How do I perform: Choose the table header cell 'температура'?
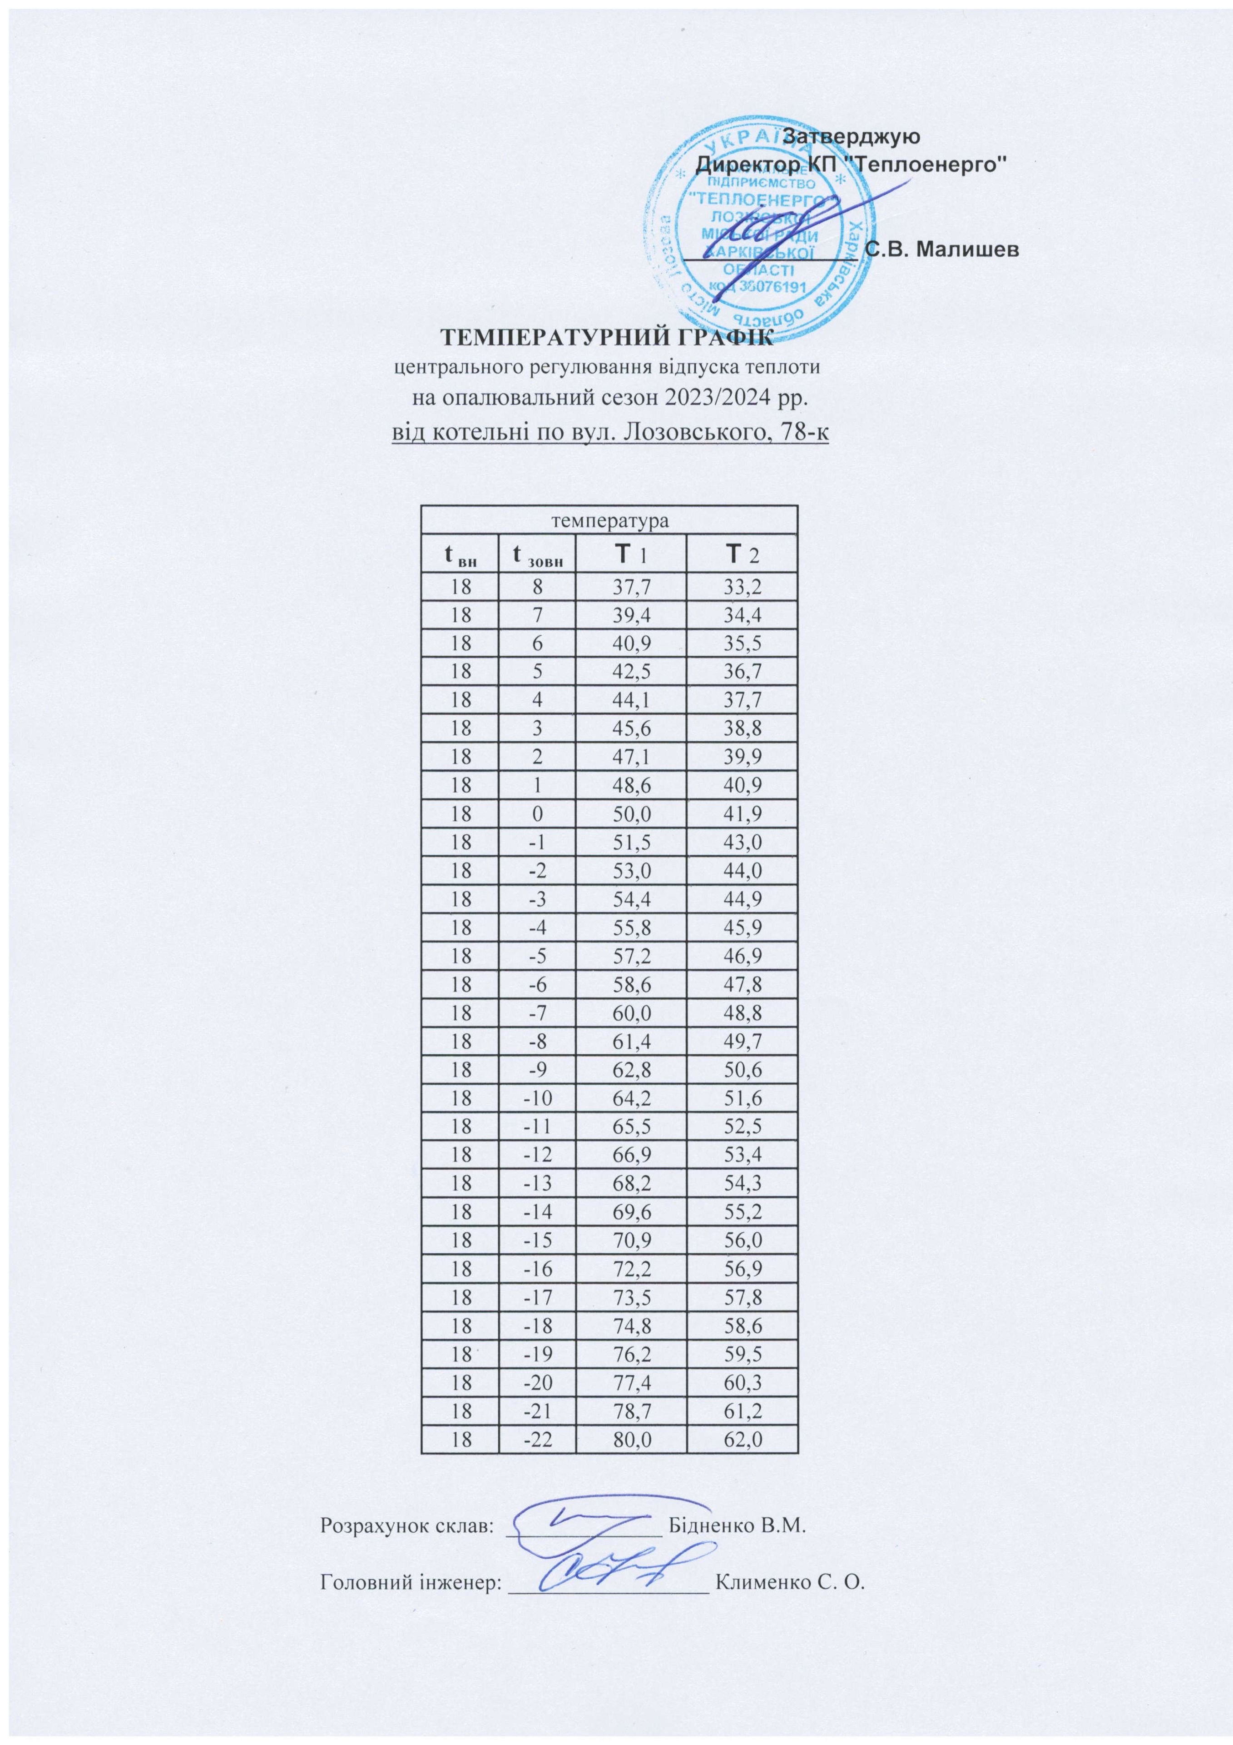pyautogui.click(x=609, y=522)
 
